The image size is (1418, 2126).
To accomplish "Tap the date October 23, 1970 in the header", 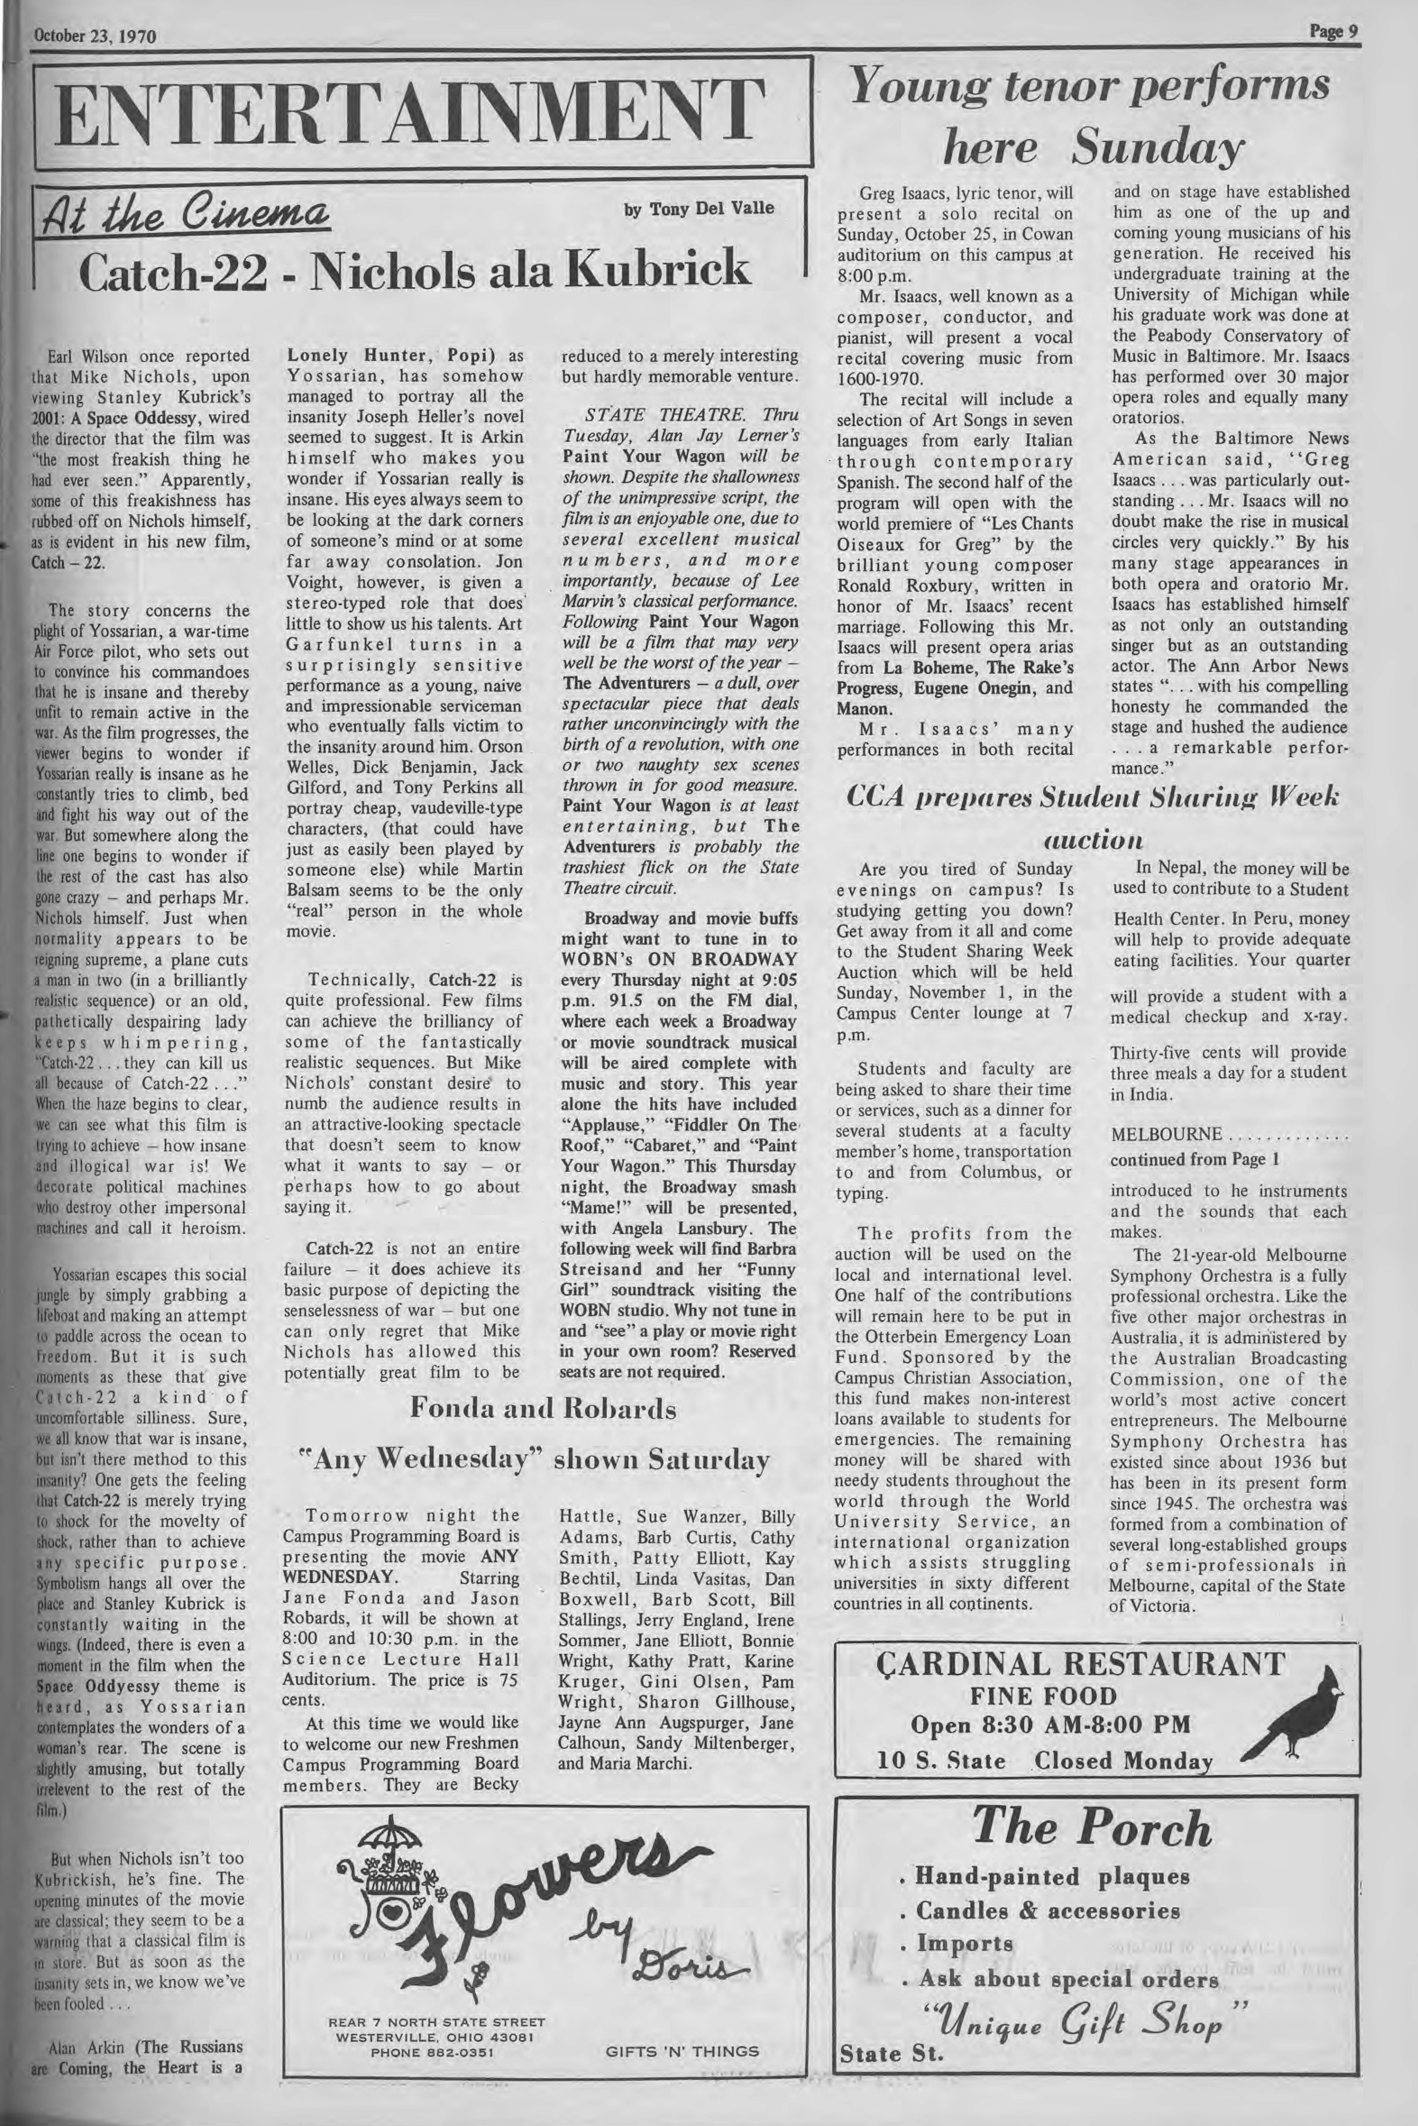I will (94, 37).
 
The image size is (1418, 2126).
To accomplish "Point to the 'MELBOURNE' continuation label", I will (1167, 1134).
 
